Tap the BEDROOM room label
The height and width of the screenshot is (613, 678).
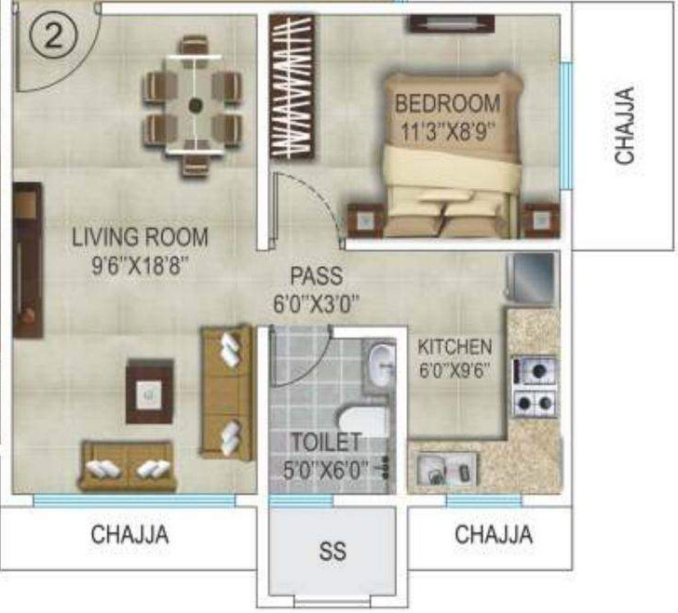click(x=447, y=102)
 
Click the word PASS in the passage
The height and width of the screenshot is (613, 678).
click(x=316, y=276)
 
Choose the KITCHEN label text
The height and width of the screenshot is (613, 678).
click(x=454, y=347)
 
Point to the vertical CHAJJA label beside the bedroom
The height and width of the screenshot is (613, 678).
click(x=625, y=125)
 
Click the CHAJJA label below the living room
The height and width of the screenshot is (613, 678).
click(x=129, y=536)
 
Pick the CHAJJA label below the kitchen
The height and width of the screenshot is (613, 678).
click(x=494, y=536)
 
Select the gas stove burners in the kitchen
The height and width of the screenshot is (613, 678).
click(x=535, y=387)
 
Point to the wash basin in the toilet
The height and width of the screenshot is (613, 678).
click(x=381, y=366)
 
